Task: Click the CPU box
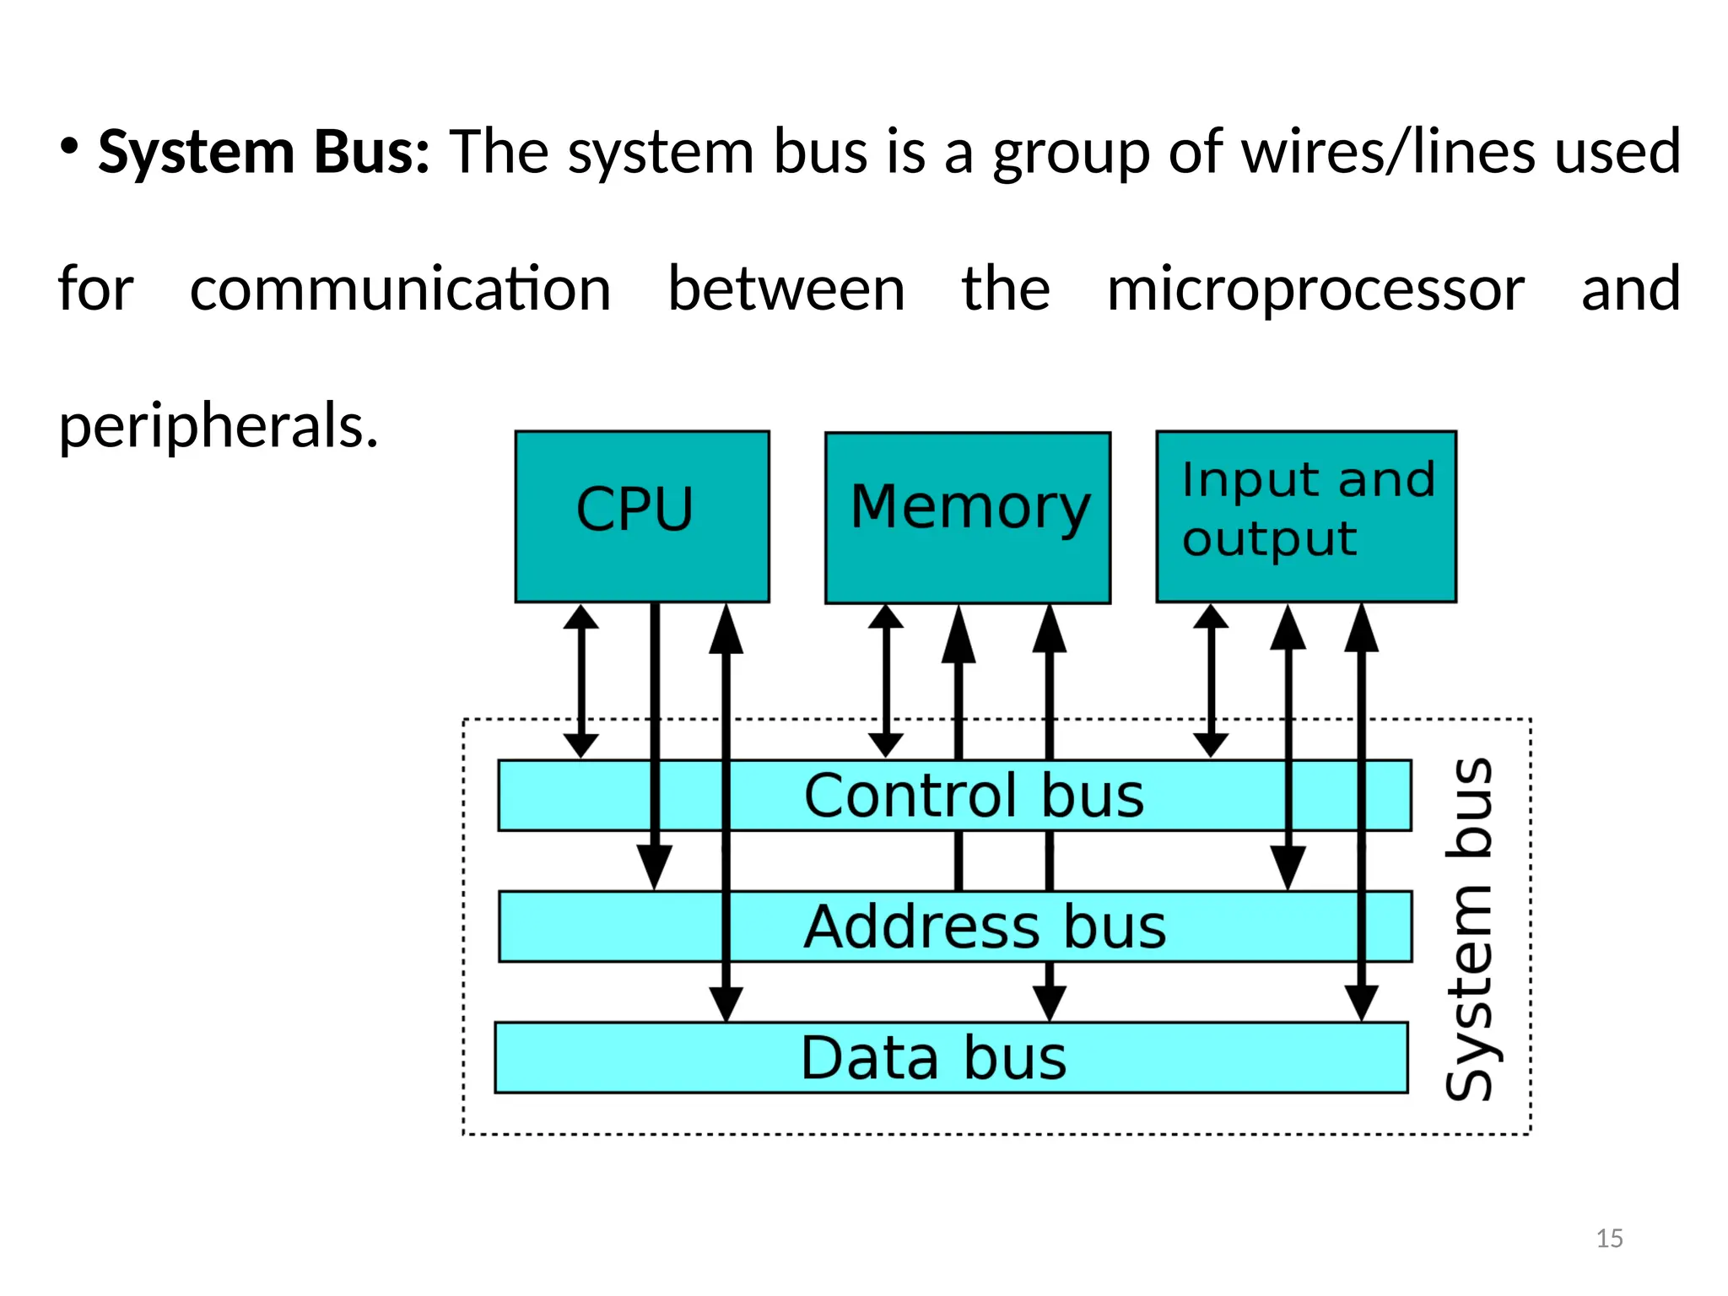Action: click(641, 516)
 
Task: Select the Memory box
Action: click(968, 516)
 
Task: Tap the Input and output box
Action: click(1305, 516)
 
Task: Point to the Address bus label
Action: click(984, 926)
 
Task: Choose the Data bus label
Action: click(933, 1057)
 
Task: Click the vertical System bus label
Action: click(1471, 928)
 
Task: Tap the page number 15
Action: click(1609, 1238)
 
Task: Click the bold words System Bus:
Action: click(264, 153)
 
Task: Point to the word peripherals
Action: click(218, 426)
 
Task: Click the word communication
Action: click(400, 289)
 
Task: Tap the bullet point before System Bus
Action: click(69, 147)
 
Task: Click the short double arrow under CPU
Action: click(580, 680)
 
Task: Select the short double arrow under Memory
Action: click(885, 680)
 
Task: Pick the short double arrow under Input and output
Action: click(1211, 680)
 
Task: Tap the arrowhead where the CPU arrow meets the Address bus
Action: click(655, 867)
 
